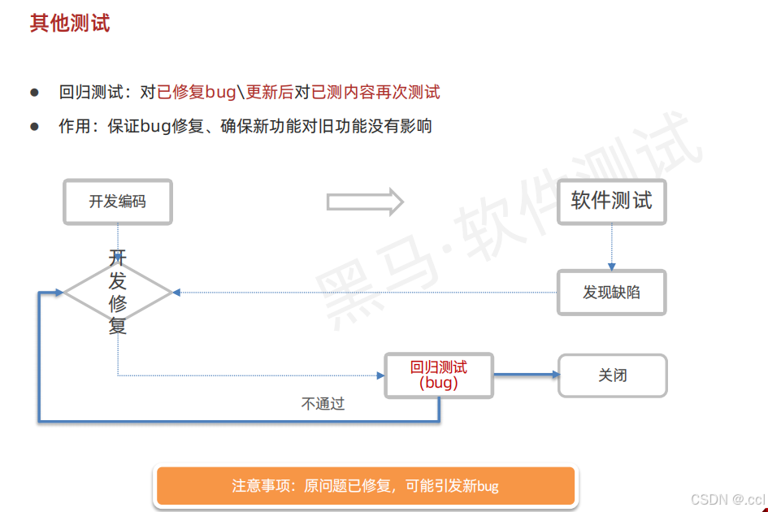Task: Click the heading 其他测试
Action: (70, 23)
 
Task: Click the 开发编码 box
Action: (118, 202)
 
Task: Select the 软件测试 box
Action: (611, 202)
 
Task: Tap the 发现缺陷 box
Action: (611, 293)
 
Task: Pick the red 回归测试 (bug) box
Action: (439, 375)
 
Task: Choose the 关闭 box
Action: (612, 375)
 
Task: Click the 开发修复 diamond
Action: (118, 293)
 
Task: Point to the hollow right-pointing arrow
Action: (365, 202)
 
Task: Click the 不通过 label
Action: (323, 404)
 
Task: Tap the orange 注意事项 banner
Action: (365, 486)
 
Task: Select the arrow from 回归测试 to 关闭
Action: (527, 375)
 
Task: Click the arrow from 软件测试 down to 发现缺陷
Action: (612, 248)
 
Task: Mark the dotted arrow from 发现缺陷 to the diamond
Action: (366, 293)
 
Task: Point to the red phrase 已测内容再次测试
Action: (375, 92)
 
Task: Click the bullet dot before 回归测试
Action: (34, 92)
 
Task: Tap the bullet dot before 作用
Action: (34, 126)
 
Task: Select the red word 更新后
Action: (269, 92)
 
